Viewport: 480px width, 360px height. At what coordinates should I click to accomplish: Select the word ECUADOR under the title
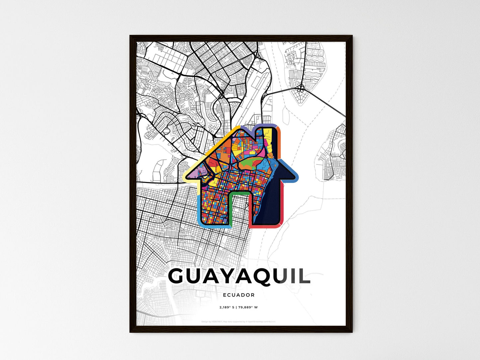(x=239, y=295)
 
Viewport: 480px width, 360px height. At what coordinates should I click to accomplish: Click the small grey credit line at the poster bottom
(x=239, y=321)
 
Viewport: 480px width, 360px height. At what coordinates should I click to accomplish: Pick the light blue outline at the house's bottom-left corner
(x=199, y=213)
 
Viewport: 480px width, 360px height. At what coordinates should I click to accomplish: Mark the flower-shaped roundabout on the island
(x=300, y=88)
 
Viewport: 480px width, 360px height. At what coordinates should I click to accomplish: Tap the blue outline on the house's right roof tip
(x=292, y=173)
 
